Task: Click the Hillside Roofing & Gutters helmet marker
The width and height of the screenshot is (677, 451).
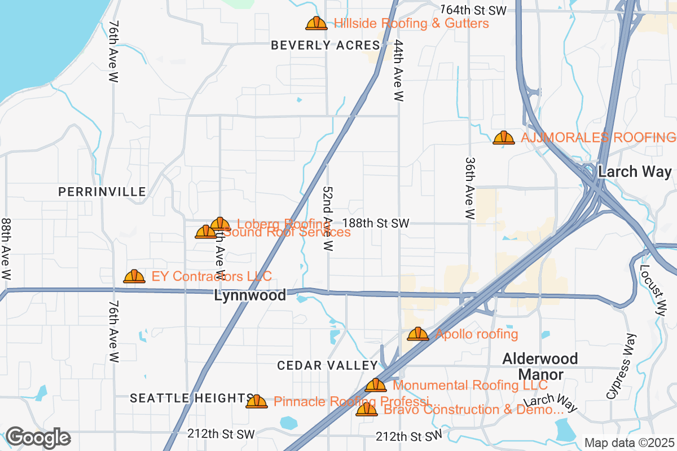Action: coord(316,24)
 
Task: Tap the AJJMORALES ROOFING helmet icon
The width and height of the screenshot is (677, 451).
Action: coord(503,138)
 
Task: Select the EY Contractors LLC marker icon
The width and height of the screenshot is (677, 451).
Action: coord(134,276)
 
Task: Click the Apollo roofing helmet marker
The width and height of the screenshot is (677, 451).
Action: coord(418,334)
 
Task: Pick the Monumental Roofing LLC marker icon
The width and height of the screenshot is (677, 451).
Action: coord(376,386)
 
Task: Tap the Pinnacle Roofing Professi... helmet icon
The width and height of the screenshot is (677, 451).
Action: coord(257,402)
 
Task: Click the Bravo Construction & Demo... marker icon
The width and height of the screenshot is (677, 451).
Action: coord(367,410)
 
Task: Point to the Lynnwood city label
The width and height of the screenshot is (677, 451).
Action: coord(250,295)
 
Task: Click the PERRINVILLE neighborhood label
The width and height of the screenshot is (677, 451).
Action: coord(102,192)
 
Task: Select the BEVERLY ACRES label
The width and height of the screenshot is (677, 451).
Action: coord(326,46)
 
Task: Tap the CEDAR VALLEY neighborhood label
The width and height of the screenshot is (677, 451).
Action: coord(327,366)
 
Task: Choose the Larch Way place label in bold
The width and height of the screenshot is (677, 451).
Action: coord(635,172)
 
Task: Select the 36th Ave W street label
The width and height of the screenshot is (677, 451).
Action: coord(470,188)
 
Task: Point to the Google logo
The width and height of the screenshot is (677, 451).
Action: coord(38,437)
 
